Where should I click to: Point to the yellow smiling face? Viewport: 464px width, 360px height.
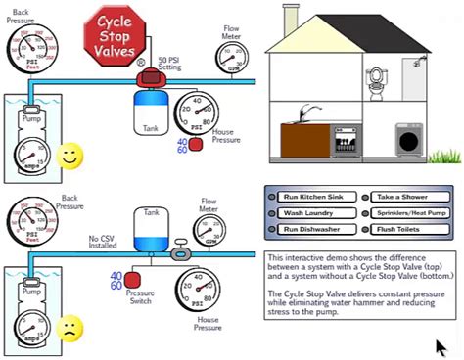68,156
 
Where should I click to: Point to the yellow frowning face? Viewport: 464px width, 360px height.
68,326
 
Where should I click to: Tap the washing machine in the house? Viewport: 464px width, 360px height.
409,140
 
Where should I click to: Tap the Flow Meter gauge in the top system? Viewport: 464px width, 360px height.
231,54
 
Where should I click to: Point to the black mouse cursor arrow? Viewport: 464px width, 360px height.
443,346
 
